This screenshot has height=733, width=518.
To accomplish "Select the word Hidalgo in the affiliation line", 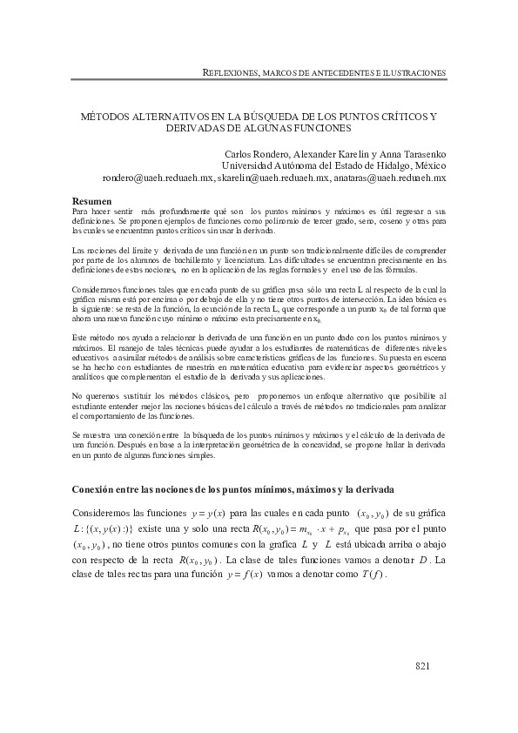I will [x=385, y=165].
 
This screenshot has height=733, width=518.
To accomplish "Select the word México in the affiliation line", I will [x=427, y=165].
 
